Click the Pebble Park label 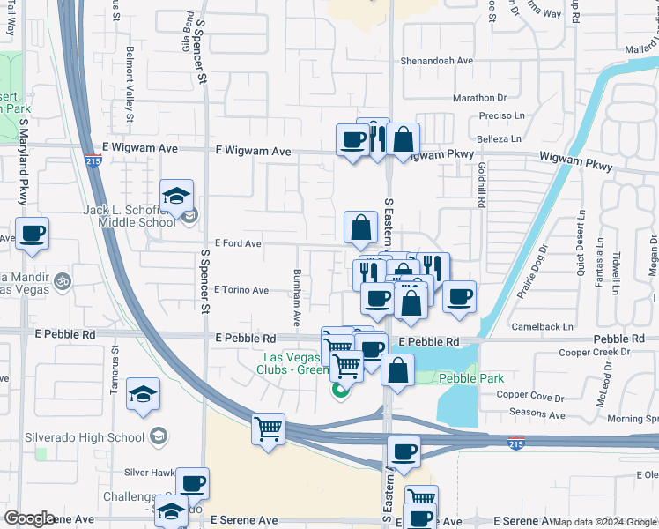coord(471,379)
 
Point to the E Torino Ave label coord(241,290)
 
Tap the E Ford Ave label coord(238,243)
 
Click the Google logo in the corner coord(28,518)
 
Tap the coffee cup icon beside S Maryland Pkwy coord(33,235)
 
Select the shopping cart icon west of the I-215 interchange coord(269,429)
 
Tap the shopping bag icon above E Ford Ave coord(361,228)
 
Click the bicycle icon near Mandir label coord(62,281)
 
